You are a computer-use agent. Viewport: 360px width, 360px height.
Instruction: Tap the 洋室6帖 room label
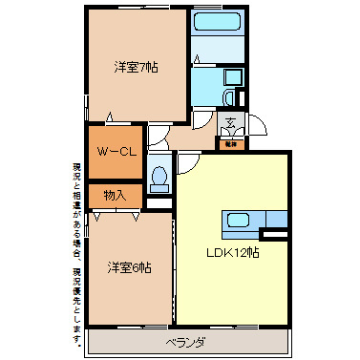[128, 266]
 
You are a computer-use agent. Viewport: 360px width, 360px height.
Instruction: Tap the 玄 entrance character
[231, 122]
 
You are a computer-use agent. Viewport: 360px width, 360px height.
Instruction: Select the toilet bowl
[159, 177]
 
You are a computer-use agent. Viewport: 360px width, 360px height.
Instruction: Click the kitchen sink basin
[239, 222]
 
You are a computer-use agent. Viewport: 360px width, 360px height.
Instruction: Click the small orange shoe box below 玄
[231, 144]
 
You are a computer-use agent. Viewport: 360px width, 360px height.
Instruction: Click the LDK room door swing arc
[186, 163]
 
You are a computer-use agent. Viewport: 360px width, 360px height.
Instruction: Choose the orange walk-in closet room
[115, 152]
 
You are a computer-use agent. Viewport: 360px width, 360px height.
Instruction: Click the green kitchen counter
[255, 222]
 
